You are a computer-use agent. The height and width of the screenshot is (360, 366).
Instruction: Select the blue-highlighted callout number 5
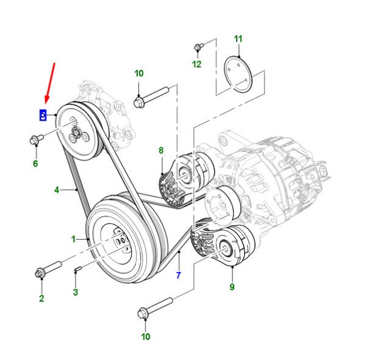(43, 114)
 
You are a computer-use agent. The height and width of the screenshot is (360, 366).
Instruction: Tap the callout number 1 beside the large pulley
(74, 239)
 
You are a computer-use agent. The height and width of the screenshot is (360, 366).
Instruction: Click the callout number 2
(41, 298)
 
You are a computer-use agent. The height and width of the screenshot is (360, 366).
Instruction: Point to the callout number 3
(75, 292)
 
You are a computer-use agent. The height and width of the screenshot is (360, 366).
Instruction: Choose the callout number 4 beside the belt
(57, 190)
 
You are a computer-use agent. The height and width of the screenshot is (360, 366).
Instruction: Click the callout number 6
(35, 164)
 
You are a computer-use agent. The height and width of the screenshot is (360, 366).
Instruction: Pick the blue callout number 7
(178, 275)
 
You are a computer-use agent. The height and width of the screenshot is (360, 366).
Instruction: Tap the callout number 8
(161, 149)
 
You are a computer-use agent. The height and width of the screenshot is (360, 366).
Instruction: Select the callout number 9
(232, 286)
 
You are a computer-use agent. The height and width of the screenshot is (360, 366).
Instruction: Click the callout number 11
(238, 39)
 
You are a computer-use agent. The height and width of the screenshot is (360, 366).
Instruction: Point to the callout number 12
(196, 64)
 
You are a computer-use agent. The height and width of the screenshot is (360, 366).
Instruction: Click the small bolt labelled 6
(34, 141)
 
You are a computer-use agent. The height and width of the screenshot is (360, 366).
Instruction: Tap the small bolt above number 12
(198, 46)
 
